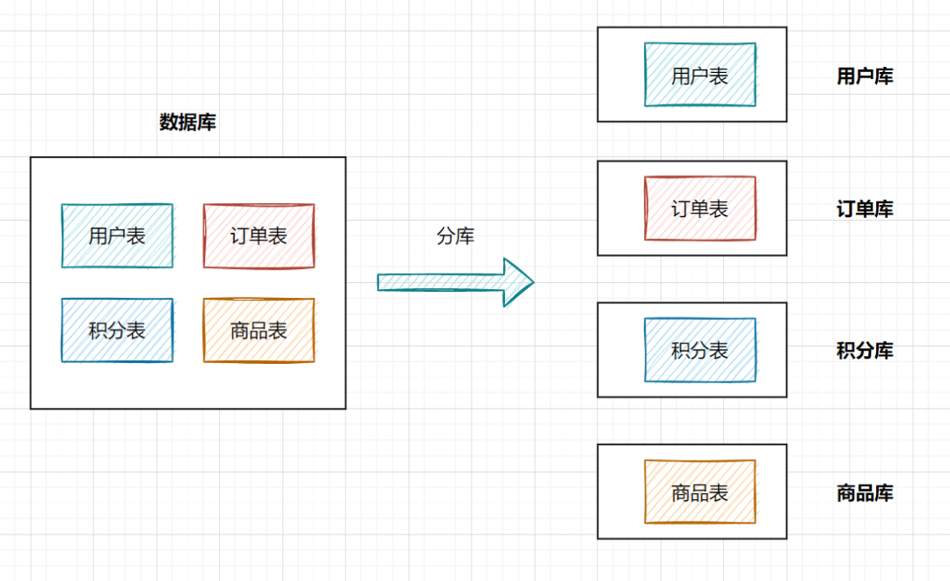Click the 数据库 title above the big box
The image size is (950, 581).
point(187,123)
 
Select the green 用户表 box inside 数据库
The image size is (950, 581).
point(117,236)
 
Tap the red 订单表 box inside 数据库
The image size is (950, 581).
point(259,236)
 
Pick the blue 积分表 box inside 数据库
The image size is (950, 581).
point(117,330)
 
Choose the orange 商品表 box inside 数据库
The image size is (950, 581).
point(259,330)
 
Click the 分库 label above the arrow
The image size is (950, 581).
point(455,236)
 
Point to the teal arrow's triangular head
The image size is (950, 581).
point(519,282)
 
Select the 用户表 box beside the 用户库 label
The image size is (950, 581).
point(699,75)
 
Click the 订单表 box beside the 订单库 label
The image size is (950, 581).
point(699,208)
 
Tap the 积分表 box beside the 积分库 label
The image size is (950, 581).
point(699,350)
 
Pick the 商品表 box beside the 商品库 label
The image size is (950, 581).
point(699,492)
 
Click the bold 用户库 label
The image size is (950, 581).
point(865,76)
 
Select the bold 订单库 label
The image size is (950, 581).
point(865,210)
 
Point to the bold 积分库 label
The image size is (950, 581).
point(865,352)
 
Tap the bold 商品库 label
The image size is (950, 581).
point(865,493)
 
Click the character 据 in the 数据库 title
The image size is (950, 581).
point(187,123)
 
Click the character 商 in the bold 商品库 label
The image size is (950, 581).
point(846,493)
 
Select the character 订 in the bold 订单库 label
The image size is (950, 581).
point(846,210)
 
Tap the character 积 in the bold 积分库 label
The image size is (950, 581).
point(846,352)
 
